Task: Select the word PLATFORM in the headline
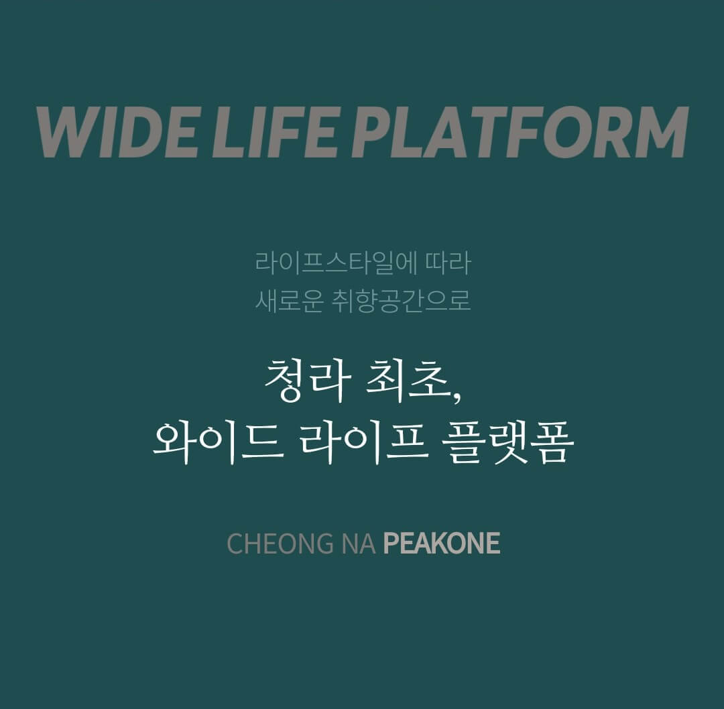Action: coord(521,132)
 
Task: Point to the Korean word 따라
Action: coord(448,263)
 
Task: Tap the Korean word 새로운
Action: coord(290,300)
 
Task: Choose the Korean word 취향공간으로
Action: coord(402,300)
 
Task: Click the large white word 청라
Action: coord(308,381)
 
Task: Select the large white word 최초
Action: coord(406,381)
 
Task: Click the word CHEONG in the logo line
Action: coord(280,543)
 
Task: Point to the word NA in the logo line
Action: coord(358,543)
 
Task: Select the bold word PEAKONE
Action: coord(442,543)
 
